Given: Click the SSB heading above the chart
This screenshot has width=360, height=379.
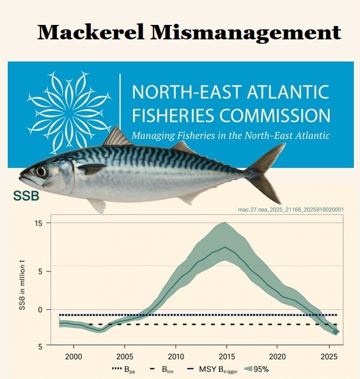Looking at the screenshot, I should point(26,197).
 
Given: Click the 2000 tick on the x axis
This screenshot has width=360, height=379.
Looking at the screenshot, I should point(74,356).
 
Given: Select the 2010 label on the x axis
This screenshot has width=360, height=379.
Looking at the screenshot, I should point(176,356).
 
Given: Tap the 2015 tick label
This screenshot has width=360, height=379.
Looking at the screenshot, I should point(226,356).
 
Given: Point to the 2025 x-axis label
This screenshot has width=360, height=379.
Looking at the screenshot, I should point(328,356).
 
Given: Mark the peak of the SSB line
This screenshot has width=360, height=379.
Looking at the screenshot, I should point(225,247).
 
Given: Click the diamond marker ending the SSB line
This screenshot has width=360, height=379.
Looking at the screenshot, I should point(336,332).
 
